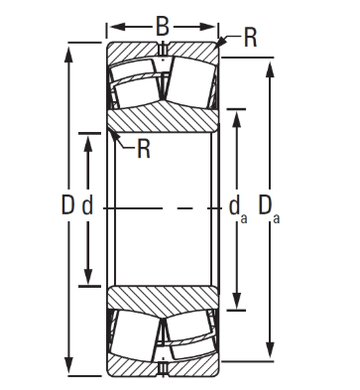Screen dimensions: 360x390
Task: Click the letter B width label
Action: pyautogui.click(x=163, y=27)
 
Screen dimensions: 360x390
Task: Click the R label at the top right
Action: pyautogui.click(x=250, y=38)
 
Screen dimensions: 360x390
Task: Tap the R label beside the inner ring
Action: pyautogui.click(x=144, y=149)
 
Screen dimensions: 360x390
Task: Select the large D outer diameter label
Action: pyautogui.click(x=68, y=205)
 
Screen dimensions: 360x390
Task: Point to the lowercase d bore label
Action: pyautogui.click(x=87, y=205)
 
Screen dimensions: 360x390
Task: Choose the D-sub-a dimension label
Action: pyautogui.click(x=269, y=209)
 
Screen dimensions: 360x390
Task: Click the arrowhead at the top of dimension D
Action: pyautogui.click(x=68, y=54)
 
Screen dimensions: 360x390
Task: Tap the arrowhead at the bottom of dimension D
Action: pyautogui.click(x=68, y=365)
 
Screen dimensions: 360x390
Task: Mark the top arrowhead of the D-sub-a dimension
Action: pyautogui.click(x=270, y=69)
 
